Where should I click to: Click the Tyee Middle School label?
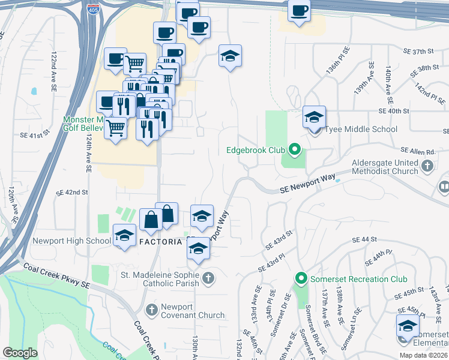tap(361, 129)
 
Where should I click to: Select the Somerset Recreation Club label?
tap(358, 279)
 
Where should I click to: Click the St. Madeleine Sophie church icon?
tap(208, 277)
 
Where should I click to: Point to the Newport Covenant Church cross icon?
tap(152, 310)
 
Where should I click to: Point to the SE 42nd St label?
tap(72, 193)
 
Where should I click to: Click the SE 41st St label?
tap(34, 136)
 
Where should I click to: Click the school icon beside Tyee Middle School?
tap(313, 117)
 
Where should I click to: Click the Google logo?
tap(20, 353)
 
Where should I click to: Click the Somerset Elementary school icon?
tap(408, 326)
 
